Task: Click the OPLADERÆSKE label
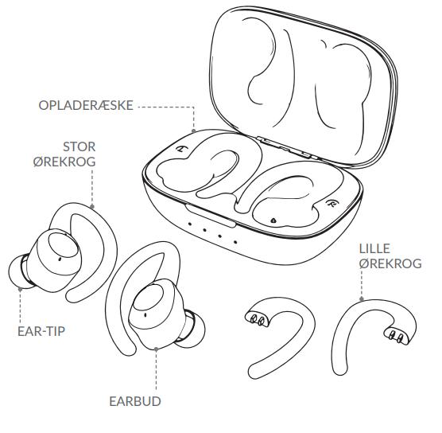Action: click(86, 105)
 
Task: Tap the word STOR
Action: click(79, 146)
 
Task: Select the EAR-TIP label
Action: click(41, 331)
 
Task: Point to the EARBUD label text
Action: click(135, 401)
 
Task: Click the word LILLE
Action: click(374, 248)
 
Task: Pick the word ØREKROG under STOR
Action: click(64, 162)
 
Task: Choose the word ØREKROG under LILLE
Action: click(390, 263)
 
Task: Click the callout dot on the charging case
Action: click(194, 131)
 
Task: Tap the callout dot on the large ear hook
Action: click(92, 206)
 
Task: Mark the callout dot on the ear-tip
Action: click(21, 289)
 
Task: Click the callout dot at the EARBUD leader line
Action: click(156, 349)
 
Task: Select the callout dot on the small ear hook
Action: click(362, 299)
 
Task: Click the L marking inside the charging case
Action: click(180, 149)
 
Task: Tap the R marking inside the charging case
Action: click(331, 203)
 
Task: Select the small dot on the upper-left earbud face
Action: click(60, 259)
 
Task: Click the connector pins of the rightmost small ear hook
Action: click(395, 336)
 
